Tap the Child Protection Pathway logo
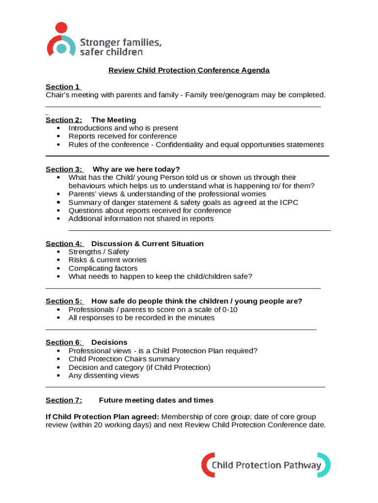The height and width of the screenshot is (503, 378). pyautogui.click(x=266, y=465)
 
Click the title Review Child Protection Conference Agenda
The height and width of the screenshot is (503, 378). pyautogui.click(x=189, y=70)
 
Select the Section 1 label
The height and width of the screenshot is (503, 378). pyautogui.click(x=63, y=87)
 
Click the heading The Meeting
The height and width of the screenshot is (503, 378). pyautogui.click(x=113, y=120)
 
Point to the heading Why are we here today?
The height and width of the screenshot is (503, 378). pyautogui.click(x=136, y=169)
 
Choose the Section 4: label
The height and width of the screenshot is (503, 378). pyautogui.click(x=64, y=244)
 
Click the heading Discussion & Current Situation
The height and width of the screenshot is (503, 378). pyautogui.click(x=147, y=244)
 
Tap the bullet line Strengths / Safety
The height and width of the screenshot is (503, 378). pyautogui.click(x=99, y=252)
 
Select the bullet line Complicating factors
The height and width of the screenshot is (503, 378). pyautogui.click(x=103, y=268)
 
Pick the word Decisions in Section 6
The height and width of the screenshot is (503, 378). pyautogui.click(x=109, y=342)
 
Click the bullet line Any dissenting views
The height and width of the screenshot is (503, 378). pyautogui.click(x=104, y=376)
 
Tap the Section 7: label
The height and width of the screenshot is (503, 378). pyautogui.click(x=64, y=400)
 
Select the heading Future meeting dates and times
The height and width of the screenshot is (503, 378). pyautogui.click(x=156, y=400)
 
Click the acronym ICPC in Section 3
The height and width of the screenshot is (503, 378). pyautogui.click(x=288, y=202)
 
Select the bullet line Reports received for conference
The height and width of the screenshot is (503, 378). pyautogui.click(x=123, y=136)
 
